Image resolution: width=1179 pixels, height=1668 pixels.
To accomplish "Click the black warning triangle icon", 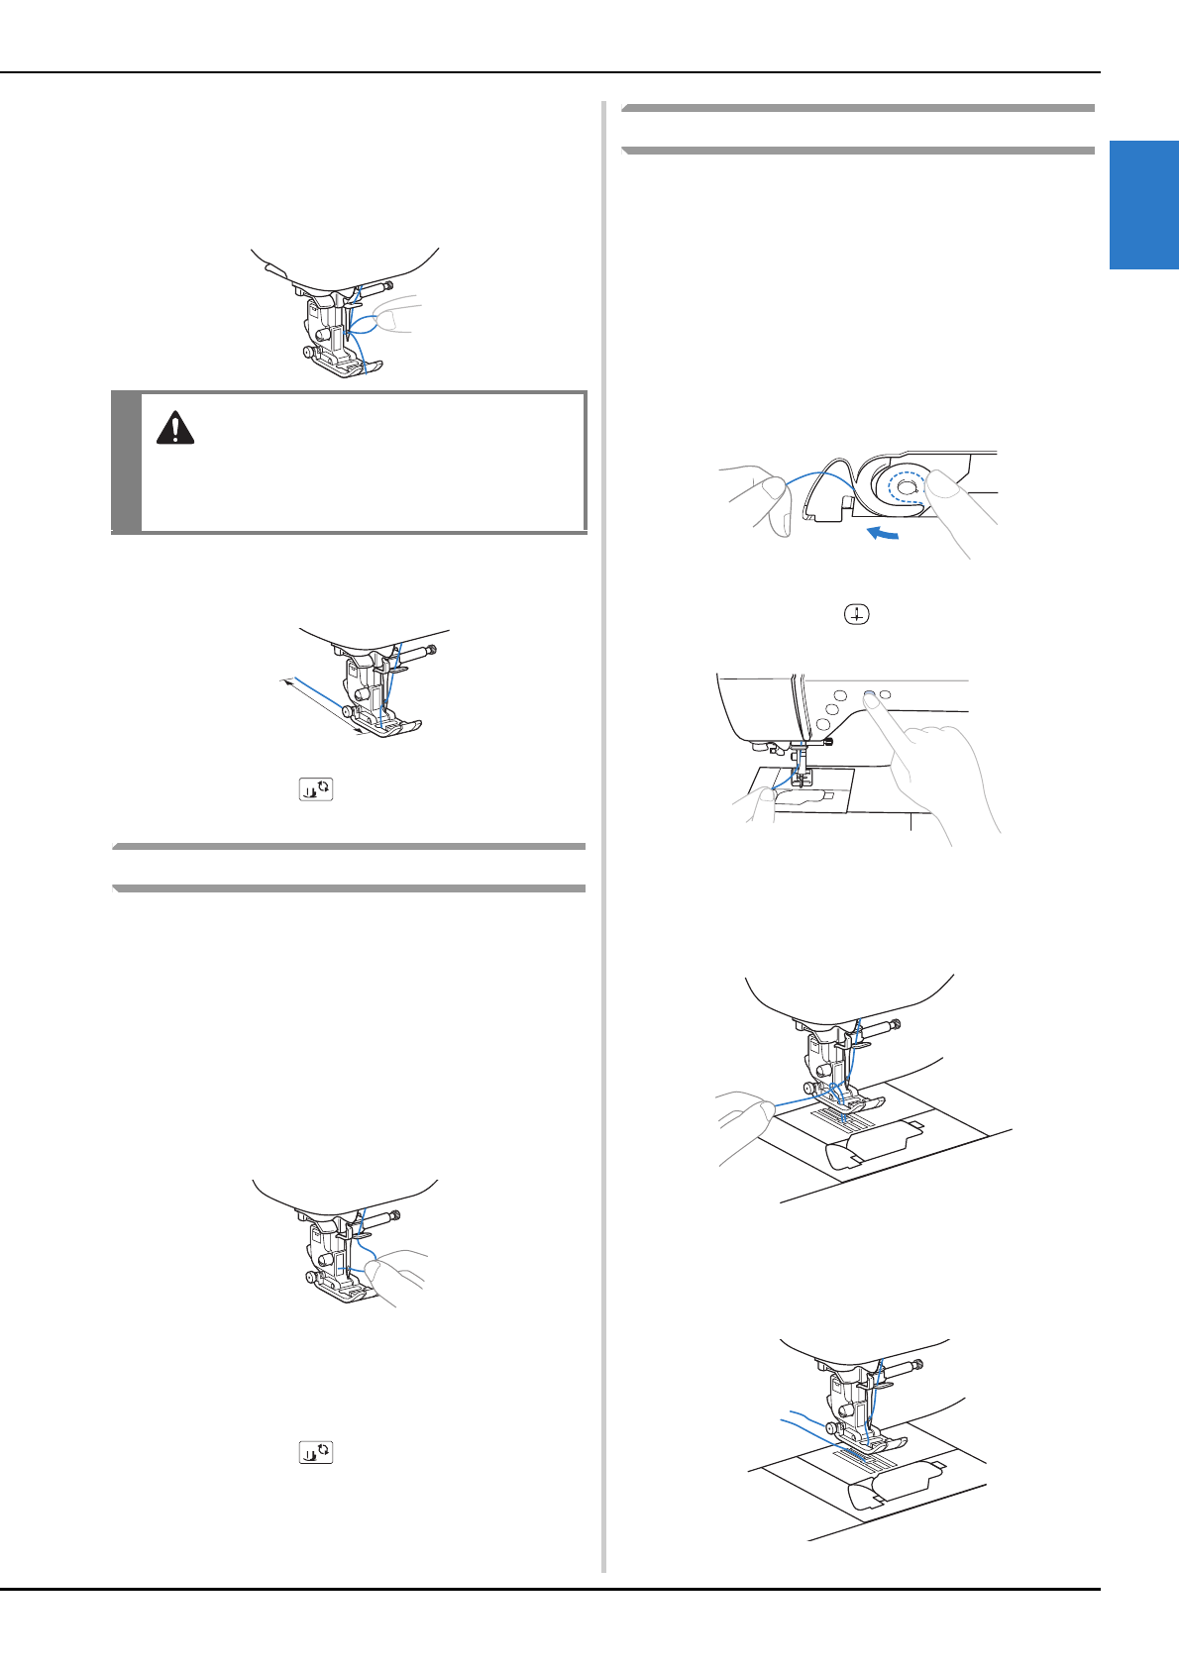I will (x=175, y=427).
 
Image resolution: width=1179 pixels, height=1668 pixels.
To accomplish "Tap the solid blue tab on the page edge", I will (x=1143, y=205).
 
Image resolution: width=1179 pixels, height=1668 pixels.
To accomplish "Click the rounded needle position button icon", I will (x=856, y=614).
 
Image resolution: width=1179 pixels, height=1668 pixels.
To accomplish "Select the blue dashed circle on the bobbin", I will (x=906, y=487).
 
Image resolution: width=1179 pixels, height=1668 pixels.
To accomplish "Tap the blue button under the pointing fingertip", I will (x=868, y=695).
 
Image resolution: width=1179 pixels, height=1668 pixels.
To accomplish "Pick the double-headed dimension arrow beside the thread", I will (x=323, y=707).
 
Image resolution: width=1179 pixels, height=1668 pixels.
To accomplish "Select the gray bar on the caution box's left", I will (x=126, y=462).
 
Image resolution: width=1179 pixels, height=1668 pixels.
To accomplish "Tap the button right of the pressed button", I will (x=885, y=694).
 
